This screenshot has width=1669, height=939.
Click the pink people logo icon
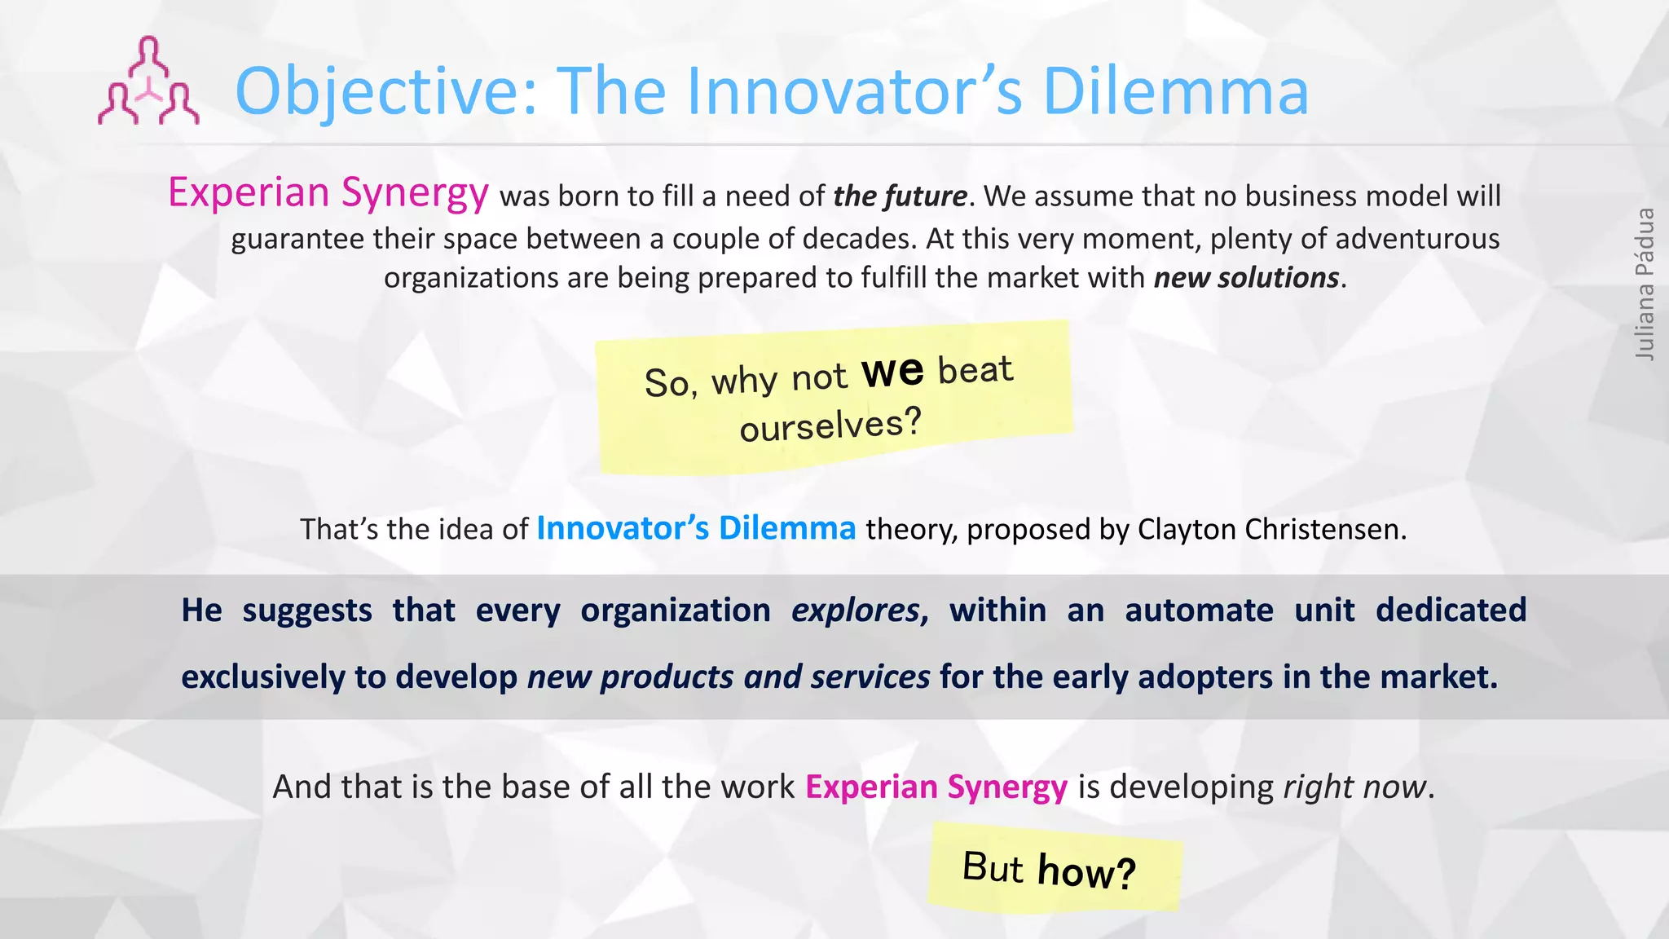coord(148,82)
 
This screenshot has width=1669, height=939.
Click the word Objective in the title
coord(383,91)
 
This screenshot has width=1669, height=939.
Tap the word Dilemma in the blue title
coord(1175,91)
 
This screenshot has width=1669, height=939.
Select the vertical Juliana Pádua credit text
coord(1645,284)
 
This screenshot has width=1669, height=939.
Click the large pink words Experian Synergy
coord(328,192)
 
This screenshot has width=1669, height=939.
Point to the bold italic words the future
coord(900,196)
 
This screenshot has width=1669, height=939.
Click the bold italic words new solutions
coord(1246,278)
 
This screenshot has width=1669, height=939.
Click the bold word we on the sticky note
coord(893,371)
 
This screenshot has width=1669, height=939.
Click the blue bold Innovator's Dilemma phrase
coord(696,528)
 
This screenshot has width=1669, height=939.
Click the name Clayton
coord(1187,530)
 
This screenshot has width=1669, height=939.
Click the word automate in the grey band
coord(1199,611)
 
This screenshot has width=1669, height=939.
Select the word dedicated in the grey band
coord(1451,611)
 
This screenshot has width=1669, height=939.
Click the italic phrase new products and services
coord(729,677)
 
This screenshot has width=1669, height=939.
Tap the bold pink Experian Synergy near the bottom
coord(936,787)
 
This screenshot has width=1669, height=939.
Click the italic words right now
coord(1354,787)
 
